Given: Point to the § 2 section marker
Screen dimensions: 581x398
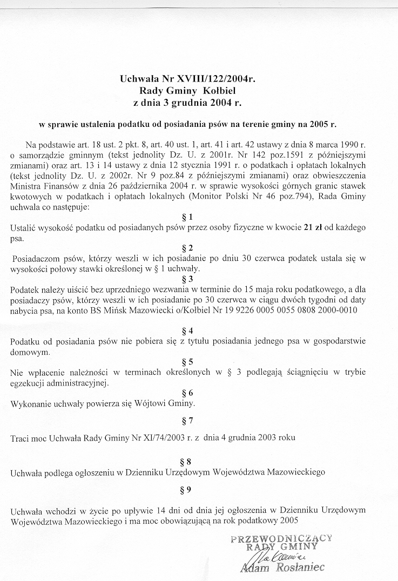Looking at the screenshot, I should click(188, 248).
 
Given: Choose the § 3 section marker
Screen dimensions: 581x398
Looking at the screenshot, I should click(188, 279).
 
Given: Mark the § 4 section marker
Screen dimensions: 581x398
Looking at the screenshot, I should click(188, 330).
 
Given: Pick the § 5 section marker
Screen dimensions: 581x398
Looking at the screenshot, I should click(188, 361).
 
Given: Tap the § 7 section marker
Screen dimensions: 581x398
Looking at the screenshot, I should click(188, 419).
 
